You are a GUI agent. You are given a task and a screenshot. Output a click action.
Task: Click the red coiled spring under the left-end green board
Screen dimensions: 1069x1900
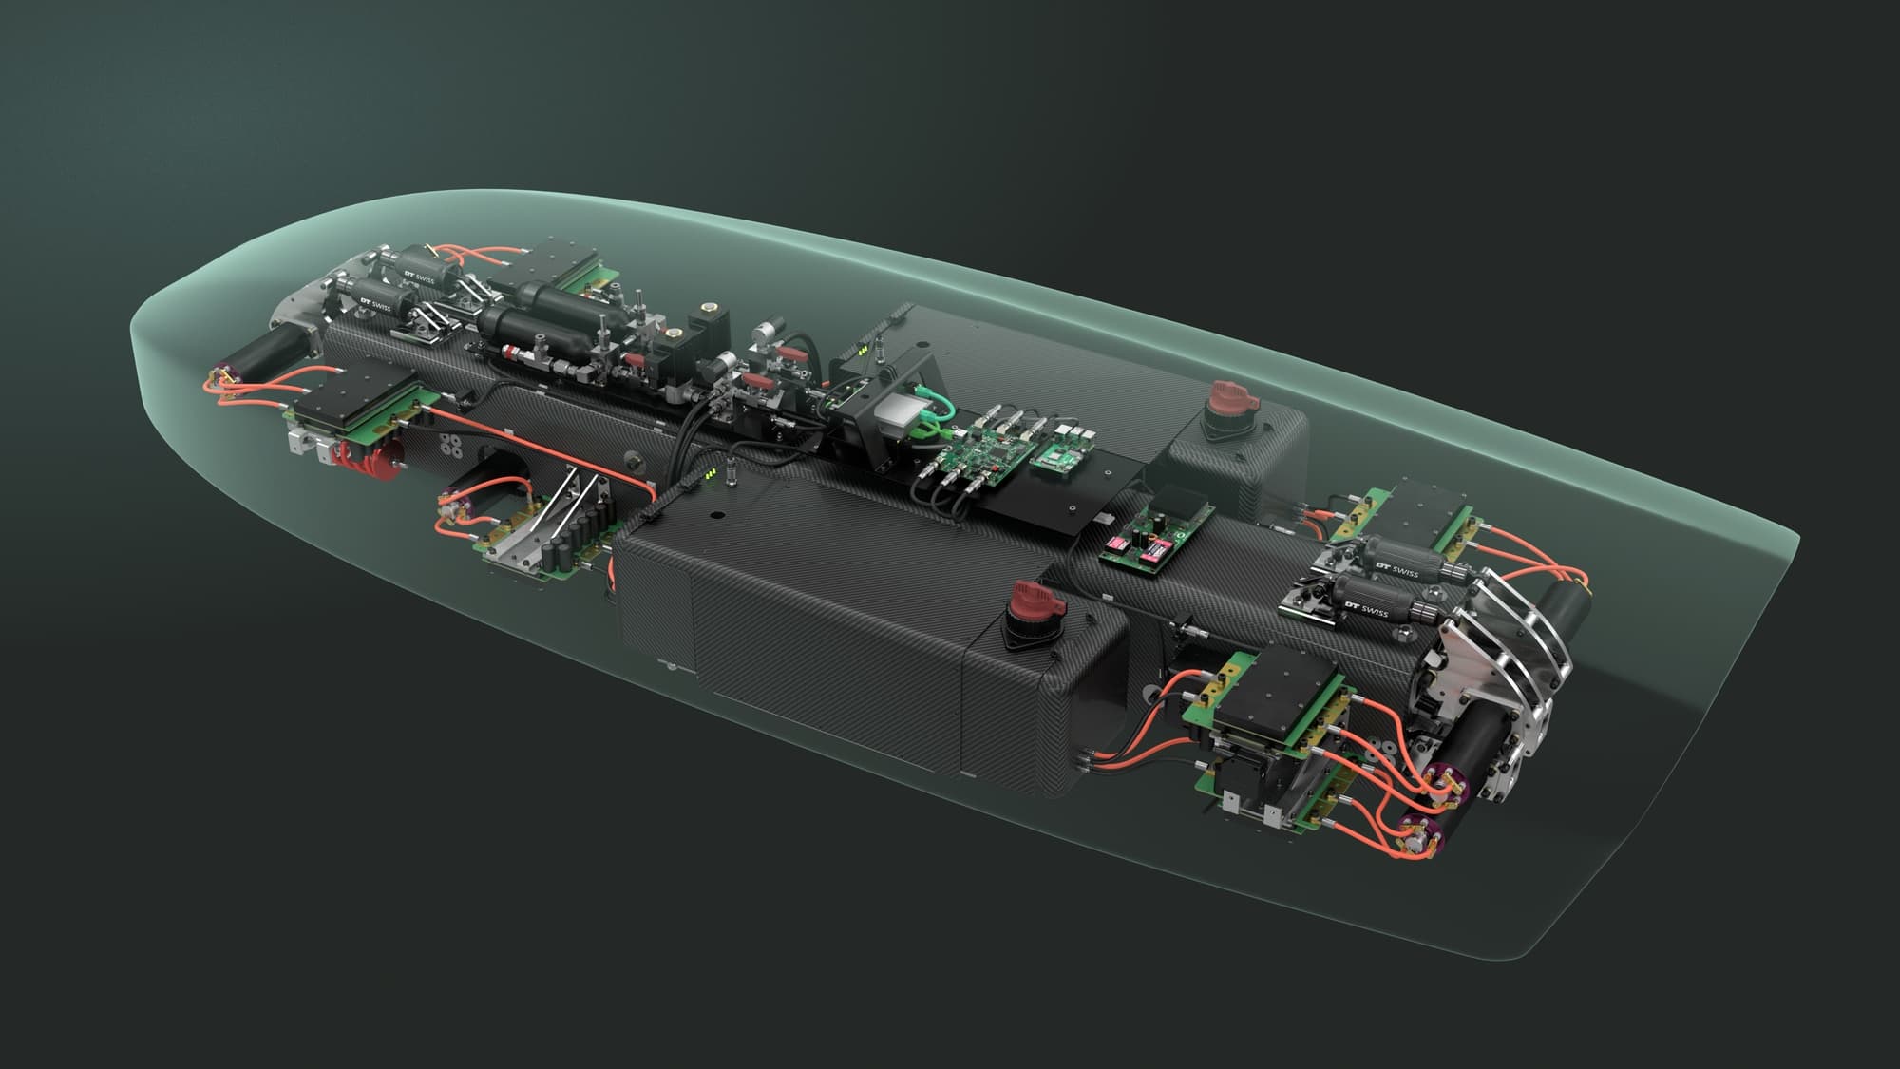(377, 459)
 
